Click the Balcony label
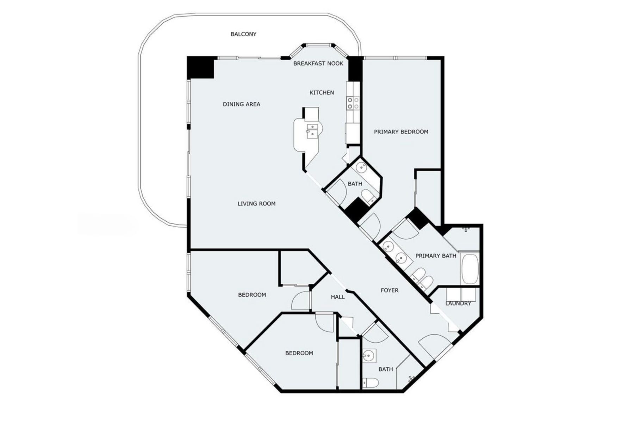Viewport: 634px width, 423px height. [243, 34]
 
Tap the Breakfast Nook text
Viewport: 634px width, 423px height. [318, 63]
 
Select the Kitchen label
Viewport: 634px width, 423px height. [322, 93]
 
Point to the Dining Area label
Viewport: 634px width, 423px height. [242, 104]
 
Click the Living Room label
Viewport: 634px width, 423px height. [256, 204]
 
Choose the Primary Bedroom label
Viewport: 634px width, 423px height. [401, 132]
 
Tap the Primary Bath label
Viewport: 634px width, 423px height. [436, 256]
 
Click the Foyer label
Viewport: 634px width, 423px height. [390, 290]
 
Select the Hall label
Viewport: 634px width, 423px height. [338, 297]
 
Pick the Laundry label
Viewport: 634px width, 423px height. [458, 304]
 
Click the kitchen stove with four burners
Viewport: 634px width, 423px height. [353, 103]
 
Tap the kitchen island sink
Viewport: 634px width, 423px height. [312, 130]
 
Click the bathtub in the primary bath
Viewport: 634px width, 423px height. [470, 269]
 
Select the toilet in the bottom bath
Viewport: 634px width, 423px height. [370, 382]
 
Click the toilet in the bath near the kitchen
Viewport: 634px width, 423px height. [368, 196]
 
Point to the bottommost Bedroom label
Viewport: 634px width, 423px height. [299, 353]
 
